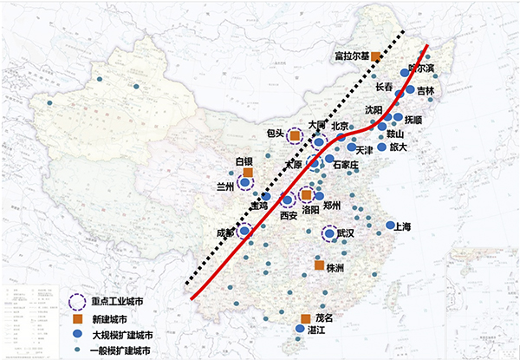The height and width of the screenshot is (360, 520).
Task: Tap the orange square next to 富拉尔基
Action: click(376, 56)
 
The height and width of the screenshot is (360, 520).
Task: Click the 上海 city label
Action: click(402, 227)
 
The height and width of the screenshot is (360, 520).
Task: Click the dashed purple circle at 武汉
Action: click(329, 235)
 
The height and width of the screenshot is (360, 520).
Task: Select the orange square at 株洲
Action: click(319, 266)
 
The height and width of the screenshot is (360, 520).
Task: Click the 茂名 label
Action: click(322, 319)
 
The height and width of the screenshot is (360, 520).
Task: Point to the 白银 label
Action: click(244, 161)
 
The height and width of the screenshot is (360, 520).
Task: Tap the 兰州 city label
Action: click(225, 184)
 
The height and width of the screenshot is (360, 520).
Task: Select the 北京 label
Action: click(339, 125)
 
